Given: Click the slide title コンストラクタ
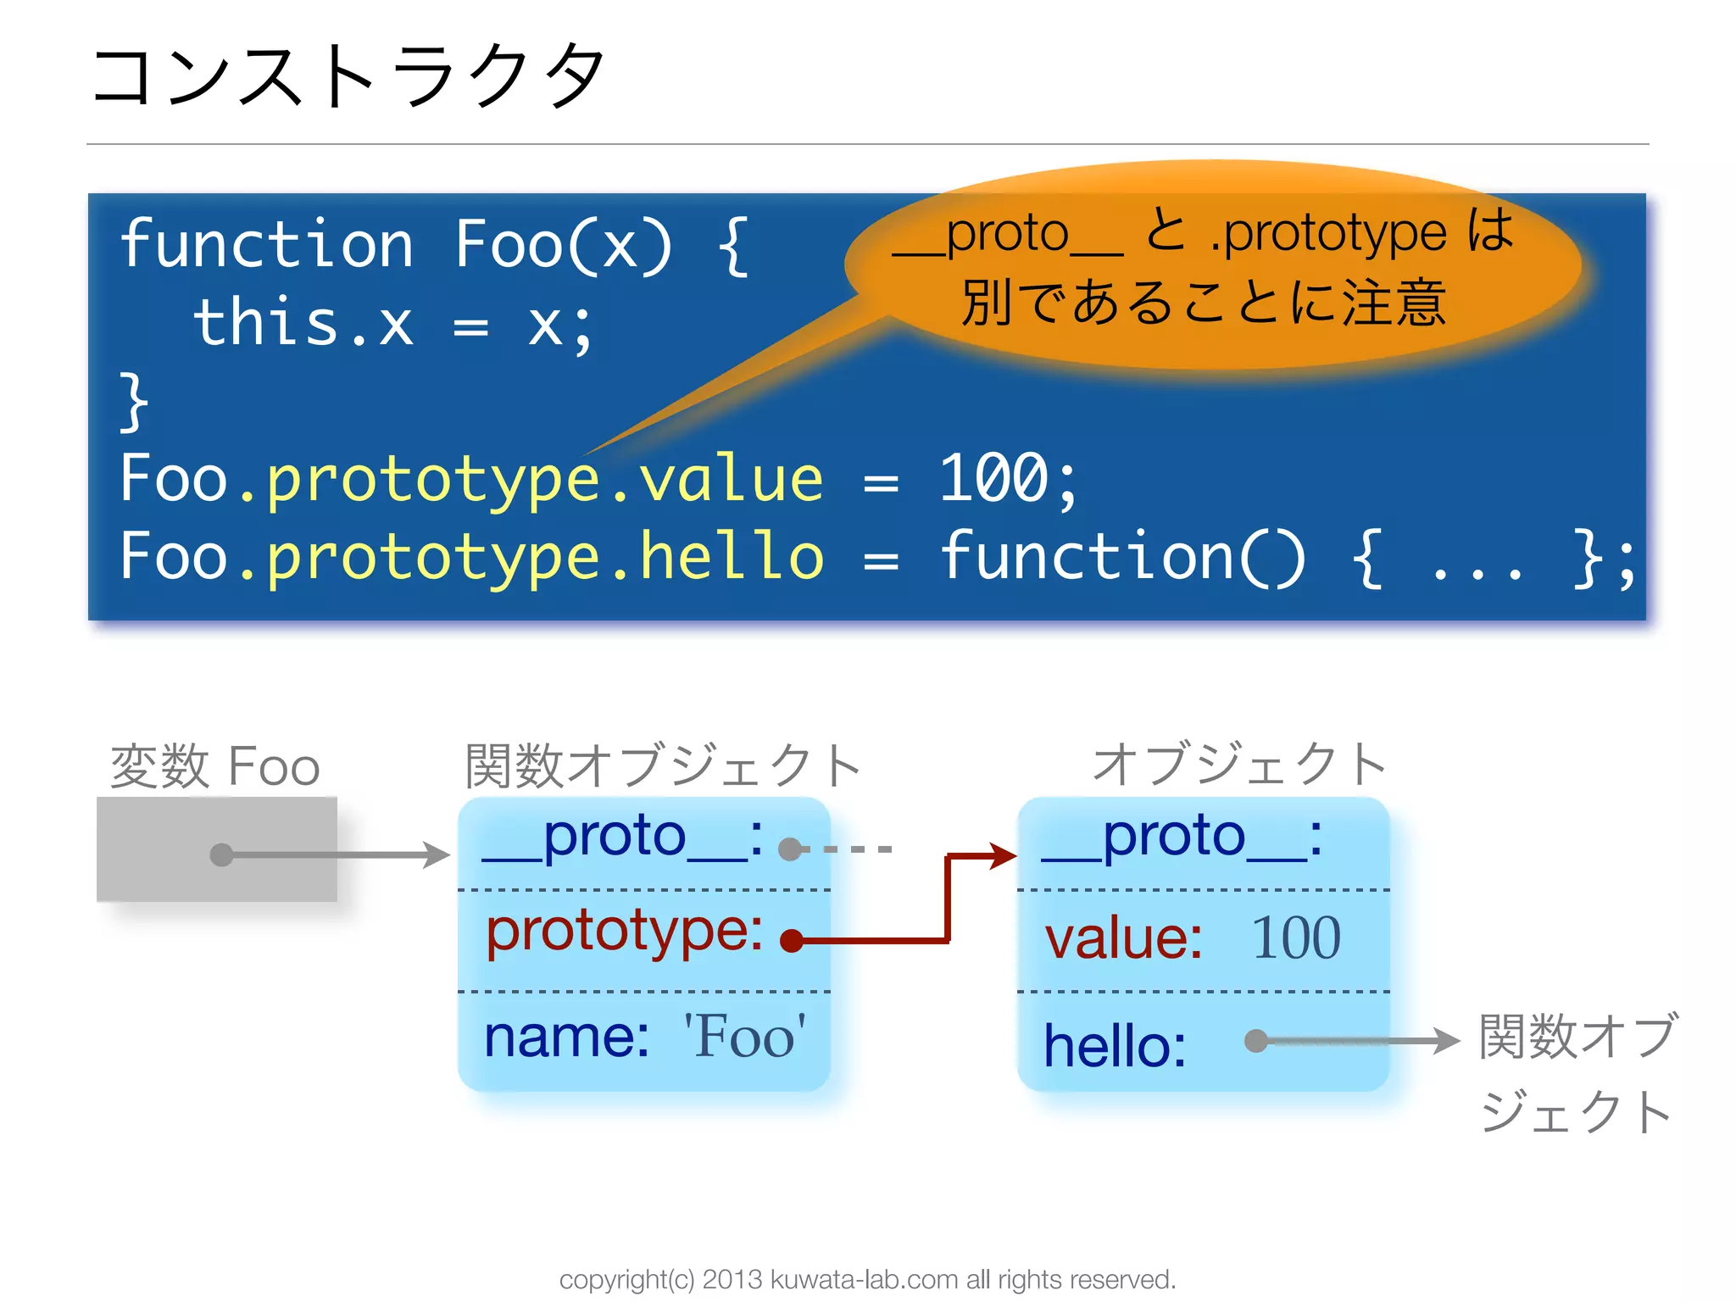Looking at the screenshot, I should point(348,76).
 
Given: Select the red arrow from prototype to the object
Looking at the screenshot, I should point(948,907).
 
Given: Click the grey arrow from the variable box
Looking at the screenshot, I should point(339,854).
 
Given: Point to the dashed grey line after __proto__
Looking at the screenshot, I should point(848,849).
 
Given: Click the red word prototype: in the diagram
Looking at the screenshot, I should point(624,931).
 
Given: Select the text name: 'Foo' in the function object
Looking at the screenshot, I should point(644,1036).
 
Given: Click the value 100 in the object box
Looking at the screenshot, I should point(1296,938).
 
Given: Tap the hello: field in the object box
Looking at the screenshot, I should point(1115,1045).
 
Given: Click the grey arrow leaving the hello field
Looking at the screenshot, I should point(1356,1040).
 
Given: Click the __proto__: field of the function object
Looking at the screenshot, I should point(622,837).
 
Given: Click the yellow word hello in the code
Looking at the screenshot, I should point(731,556).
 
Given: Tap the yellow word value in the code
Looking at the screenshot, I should point(731,480).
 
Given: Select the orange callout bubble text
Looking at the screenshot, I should point(1204,266).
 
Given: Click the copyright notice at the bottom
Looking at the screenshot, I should point(867,1279).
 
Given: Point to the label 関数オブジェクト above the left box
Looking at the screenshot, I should point(663,765).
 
